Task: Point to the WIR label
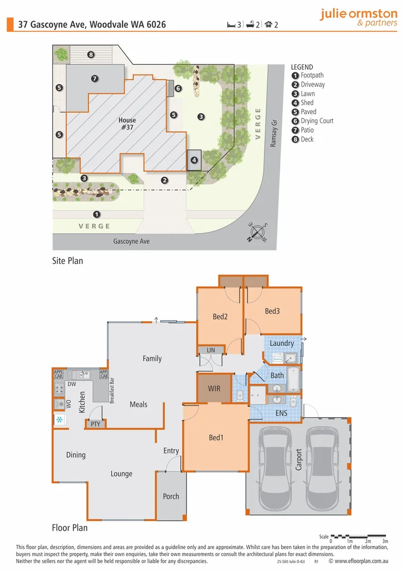(214, 389)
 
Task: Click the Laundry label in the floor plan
(281, 343)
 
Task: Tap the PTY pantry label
(96, 424)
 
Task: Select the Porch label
(171, 496)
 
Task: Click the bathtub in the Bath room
(293, 376)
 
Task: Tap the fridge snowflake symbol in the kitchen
(60, 420)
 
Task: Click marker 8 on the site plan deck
(91, 54)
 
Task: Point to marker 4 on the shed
(194, 160)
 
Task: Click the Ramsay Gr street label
(273, 136)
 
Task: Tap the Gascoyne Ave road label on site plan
(131, 241)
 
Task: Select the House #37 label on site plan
(127, 124)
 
